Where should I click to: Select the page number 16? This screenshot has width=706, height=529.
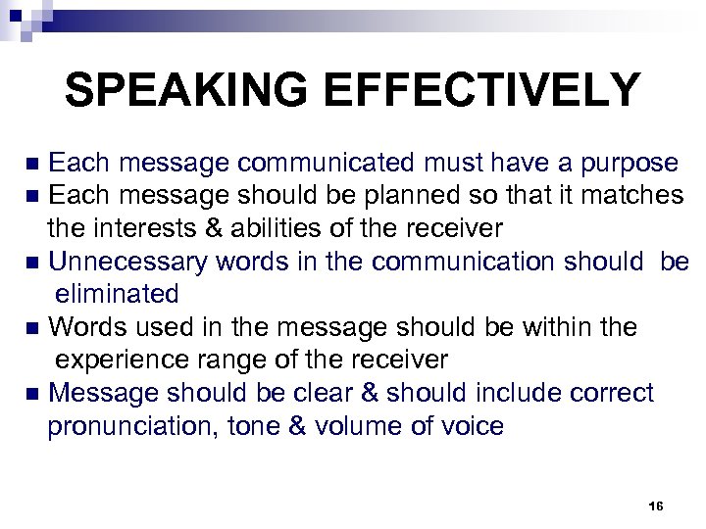(656, 505)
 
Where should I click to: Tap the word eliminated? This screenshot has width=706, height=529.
(117, 294)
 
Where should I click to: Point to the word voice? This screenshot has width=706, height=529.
(474, 426)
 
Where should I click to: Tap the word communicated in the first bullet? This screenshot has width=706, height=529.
(319, 163)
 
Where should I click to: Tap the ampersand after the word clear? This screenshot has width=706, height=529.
(367, 393)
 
